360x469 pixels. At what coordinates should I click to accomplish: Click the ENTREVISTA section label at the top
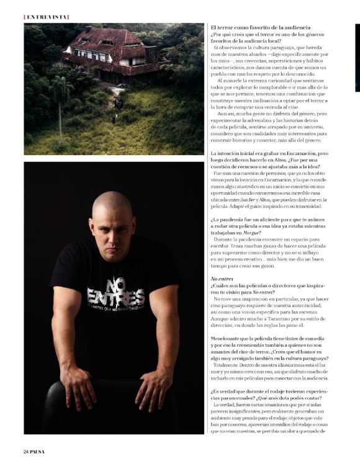coord(47,17)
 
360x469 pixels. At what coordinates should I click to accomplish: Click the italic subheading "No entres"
coord(222,279)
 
